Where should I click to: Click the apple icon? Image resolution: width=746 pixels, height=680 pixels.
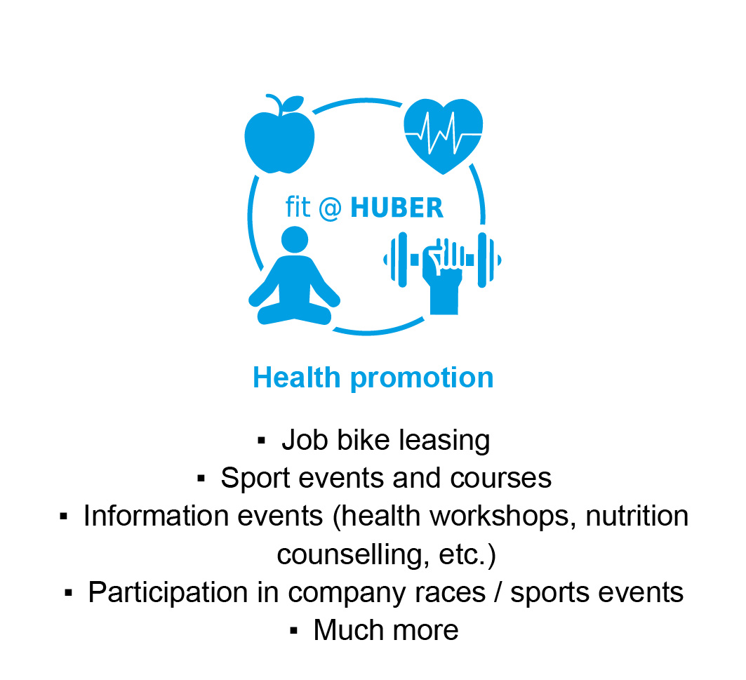tap(280, 135)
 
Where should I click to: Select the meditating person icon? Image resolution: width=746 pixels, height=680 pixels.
tap(295, 276)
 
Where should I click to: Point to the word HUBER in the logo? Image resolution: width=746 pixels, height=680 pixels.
tap(397, 208)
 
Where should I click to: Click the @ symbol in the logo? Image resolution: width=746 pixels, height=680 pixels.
tap(330, 208)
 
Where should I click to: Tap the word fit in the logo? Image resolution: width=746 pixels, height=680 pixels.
tap(298, 207)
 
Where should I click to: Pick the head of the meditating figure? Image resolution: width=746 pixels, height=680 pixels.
tap(295, 239)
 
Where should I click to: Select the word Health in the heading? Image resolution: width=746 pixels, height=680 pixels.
tap(296, 378)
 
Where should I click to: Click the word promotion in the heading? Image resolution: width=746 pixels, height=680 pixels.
tap(422, 379)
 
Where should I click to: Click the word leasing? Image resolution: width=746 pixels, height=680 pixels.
tap(444, 441)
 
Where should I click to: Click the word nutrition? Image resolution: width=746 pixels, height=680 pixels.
tap(637, 516)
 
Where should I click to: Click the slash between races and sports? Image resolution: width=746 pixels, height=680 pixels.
tap(498, 592)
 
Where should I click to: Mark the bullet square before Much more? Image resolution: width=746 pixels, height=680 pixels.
tap(293, 631)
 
